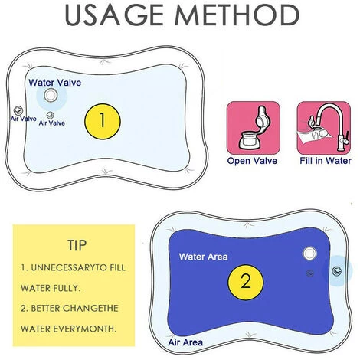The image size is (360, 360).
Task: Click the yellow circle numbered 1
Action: coord(103,121)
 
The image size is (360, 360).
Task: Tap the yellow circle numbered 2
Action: coord(246,282)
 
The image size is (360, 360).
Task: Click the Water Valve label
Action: coord(55,83)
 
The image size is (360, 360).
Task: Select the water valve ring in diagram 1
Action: coord(51,95)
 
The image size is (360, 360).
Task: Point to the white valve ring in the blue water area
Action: coord(309,254)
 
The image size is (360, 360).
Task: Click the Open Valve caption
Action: coord(252,161)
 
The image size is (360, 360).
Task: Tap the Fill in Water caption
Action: coord(326,161)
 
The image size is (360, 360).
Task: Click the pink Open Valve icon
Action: coord(254,128)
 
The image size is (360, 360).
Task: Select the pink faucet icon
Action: coord(324,128)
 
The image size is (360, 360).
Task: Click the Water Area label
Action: coord(204,257)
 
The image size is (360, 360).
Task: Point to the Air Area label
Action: coord(185,342)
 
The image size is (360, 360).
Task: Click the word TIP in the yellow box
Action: coord(77,245)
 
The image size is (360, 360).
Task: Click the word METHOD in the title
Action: coord(237,15)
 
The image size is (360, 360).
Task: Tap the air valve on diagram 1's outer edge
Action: coord(18,110)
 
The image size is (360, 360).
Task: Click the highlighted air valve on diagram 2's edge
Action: coord(337,271)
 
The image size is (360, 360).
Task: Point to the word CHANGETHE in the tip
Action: coord(91,308)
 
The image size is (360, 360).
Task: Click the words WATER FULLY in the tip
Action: coord(51,288)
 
